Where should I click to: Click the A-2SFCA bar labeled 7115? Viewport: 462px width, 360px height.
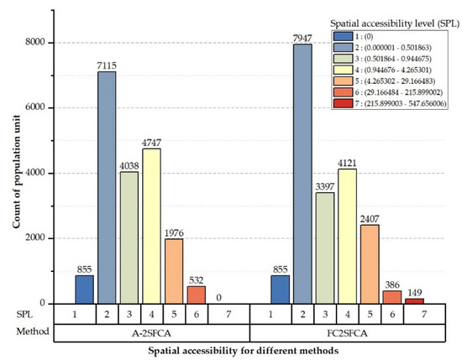[x=108, y=188]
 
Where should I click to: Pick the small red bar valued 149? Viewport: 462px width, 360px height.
[x=414, y=301]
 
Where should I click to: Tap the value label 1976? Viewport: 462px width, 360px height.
[x=173, y=232]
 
